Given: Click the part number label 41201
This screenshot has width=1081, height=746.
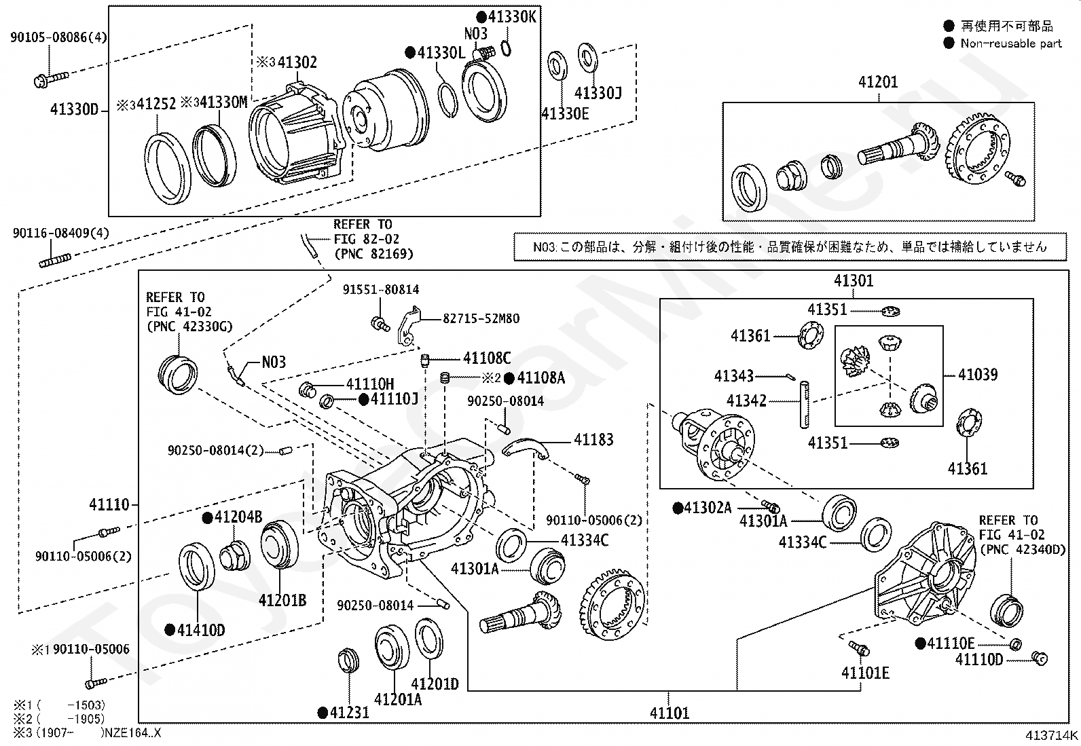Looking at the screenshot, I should [x=878, y=82].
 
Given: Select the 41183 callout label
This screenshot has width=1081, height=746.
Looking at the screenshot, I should [x=593, y=440].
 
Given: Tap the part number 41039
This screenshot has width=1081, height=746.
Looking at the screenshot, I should [x=977, y=375].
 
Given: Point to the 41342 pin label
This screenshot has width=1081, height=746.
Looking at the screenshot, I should [x=746, y=401].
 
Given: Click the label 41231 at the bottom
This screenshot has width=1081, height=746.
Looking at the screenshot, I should [x=350, y=713].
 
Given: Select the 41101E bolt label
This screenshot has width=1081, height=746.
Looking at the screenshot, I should [x=865, y=673].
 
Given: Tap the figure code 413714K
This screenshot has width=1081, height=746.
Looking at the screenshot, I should [x=1051, y=734].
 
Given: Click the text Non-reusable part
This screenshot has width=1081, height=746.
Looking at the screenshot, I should [x=1011, y=43].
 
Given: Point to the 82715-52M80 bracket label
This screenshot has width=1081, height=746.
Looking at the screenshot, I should [x=481, y=318].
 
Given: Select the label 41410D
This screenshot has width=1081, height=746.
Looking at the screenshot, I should [x=201, y=630].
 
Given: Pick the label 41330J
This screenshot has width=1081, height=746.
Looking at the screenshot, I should [x=598, y=92].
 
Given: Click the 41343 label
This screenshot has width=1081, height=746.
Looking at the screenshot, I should [x=734, y=375].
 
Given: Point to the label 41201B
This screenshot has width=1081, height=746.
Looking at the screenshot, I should [x=282, y=600].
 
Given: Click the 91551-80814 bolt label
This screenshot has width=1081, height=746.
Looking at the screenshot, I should [x=381, y=290].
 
